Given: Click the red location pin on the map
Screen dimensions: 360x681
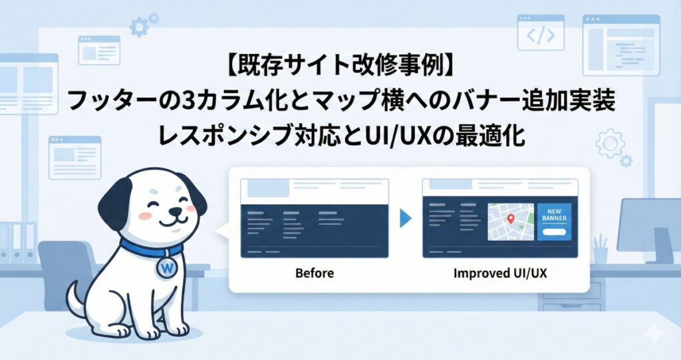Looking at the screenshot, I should (511, 218).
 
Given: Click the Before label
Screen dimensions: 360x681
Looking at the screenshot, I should (314, 273).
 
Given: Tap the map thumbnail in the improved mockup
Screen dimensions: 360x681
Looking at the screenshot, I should (511, 222).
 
